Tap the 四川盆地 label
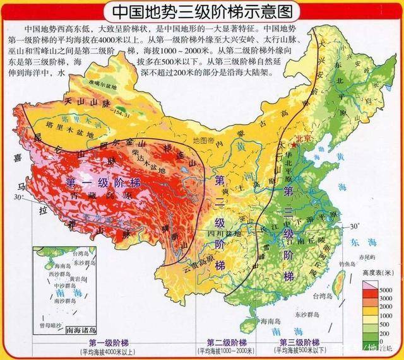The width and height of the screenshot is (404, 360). tap(216, 229)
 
